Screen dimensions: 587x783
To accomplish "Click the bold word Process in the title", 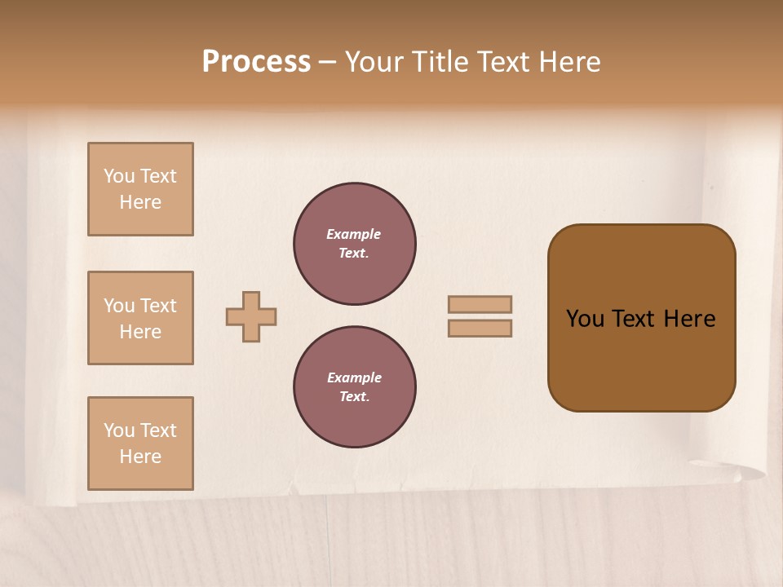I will coord(256,62).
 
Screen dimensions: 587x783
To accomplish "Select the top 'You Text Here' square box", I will coord(140,189).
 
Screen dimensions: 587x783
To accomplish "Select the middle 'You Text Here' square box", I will coord(140,318).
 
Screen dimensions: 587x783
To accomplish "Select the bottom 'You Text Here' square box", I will coord(140,444).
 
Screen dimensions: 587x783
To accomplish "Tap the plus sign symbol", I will coord(251,316).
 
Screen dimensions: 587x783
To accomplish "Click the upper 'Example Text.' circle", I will coord(355,244).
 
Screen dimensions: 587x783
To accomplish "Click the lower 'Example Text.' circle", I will coord(355,387).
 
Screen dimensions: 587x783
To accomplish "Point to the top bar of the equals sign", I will coord(480,304).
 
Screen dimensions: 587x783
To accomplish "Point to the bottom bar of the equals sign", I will coord(480,329).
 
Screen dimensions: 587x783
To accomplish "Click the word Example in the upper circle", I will coord(353,234).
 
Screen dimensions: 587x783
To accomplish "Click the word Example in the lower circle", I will coord(354,377).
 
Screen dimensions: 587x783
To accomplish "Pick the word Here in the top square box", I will coord(140,202).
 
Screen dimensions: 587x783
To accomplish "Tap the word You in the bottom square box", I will coord(119,430).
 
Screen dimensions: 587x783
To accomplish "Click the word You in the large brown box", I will coord(585,319).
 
